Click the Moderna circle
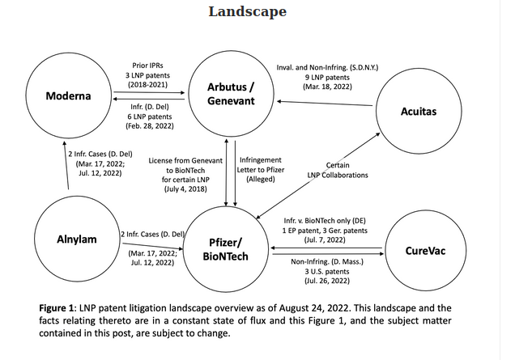pos(68,96)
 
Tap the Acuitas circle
pos(419,111)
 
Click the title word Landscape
pos(247,11)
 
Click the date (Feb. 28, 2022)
pos(149,126)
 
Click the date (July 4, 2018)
pos(185,188)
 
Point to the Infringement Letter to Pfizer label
pos(260,169)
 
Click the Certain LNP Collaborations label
pos(337,170)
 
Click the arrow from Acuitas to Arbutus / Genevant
pos(324,102)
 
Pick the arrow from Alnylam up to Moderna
pos(67,166)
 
